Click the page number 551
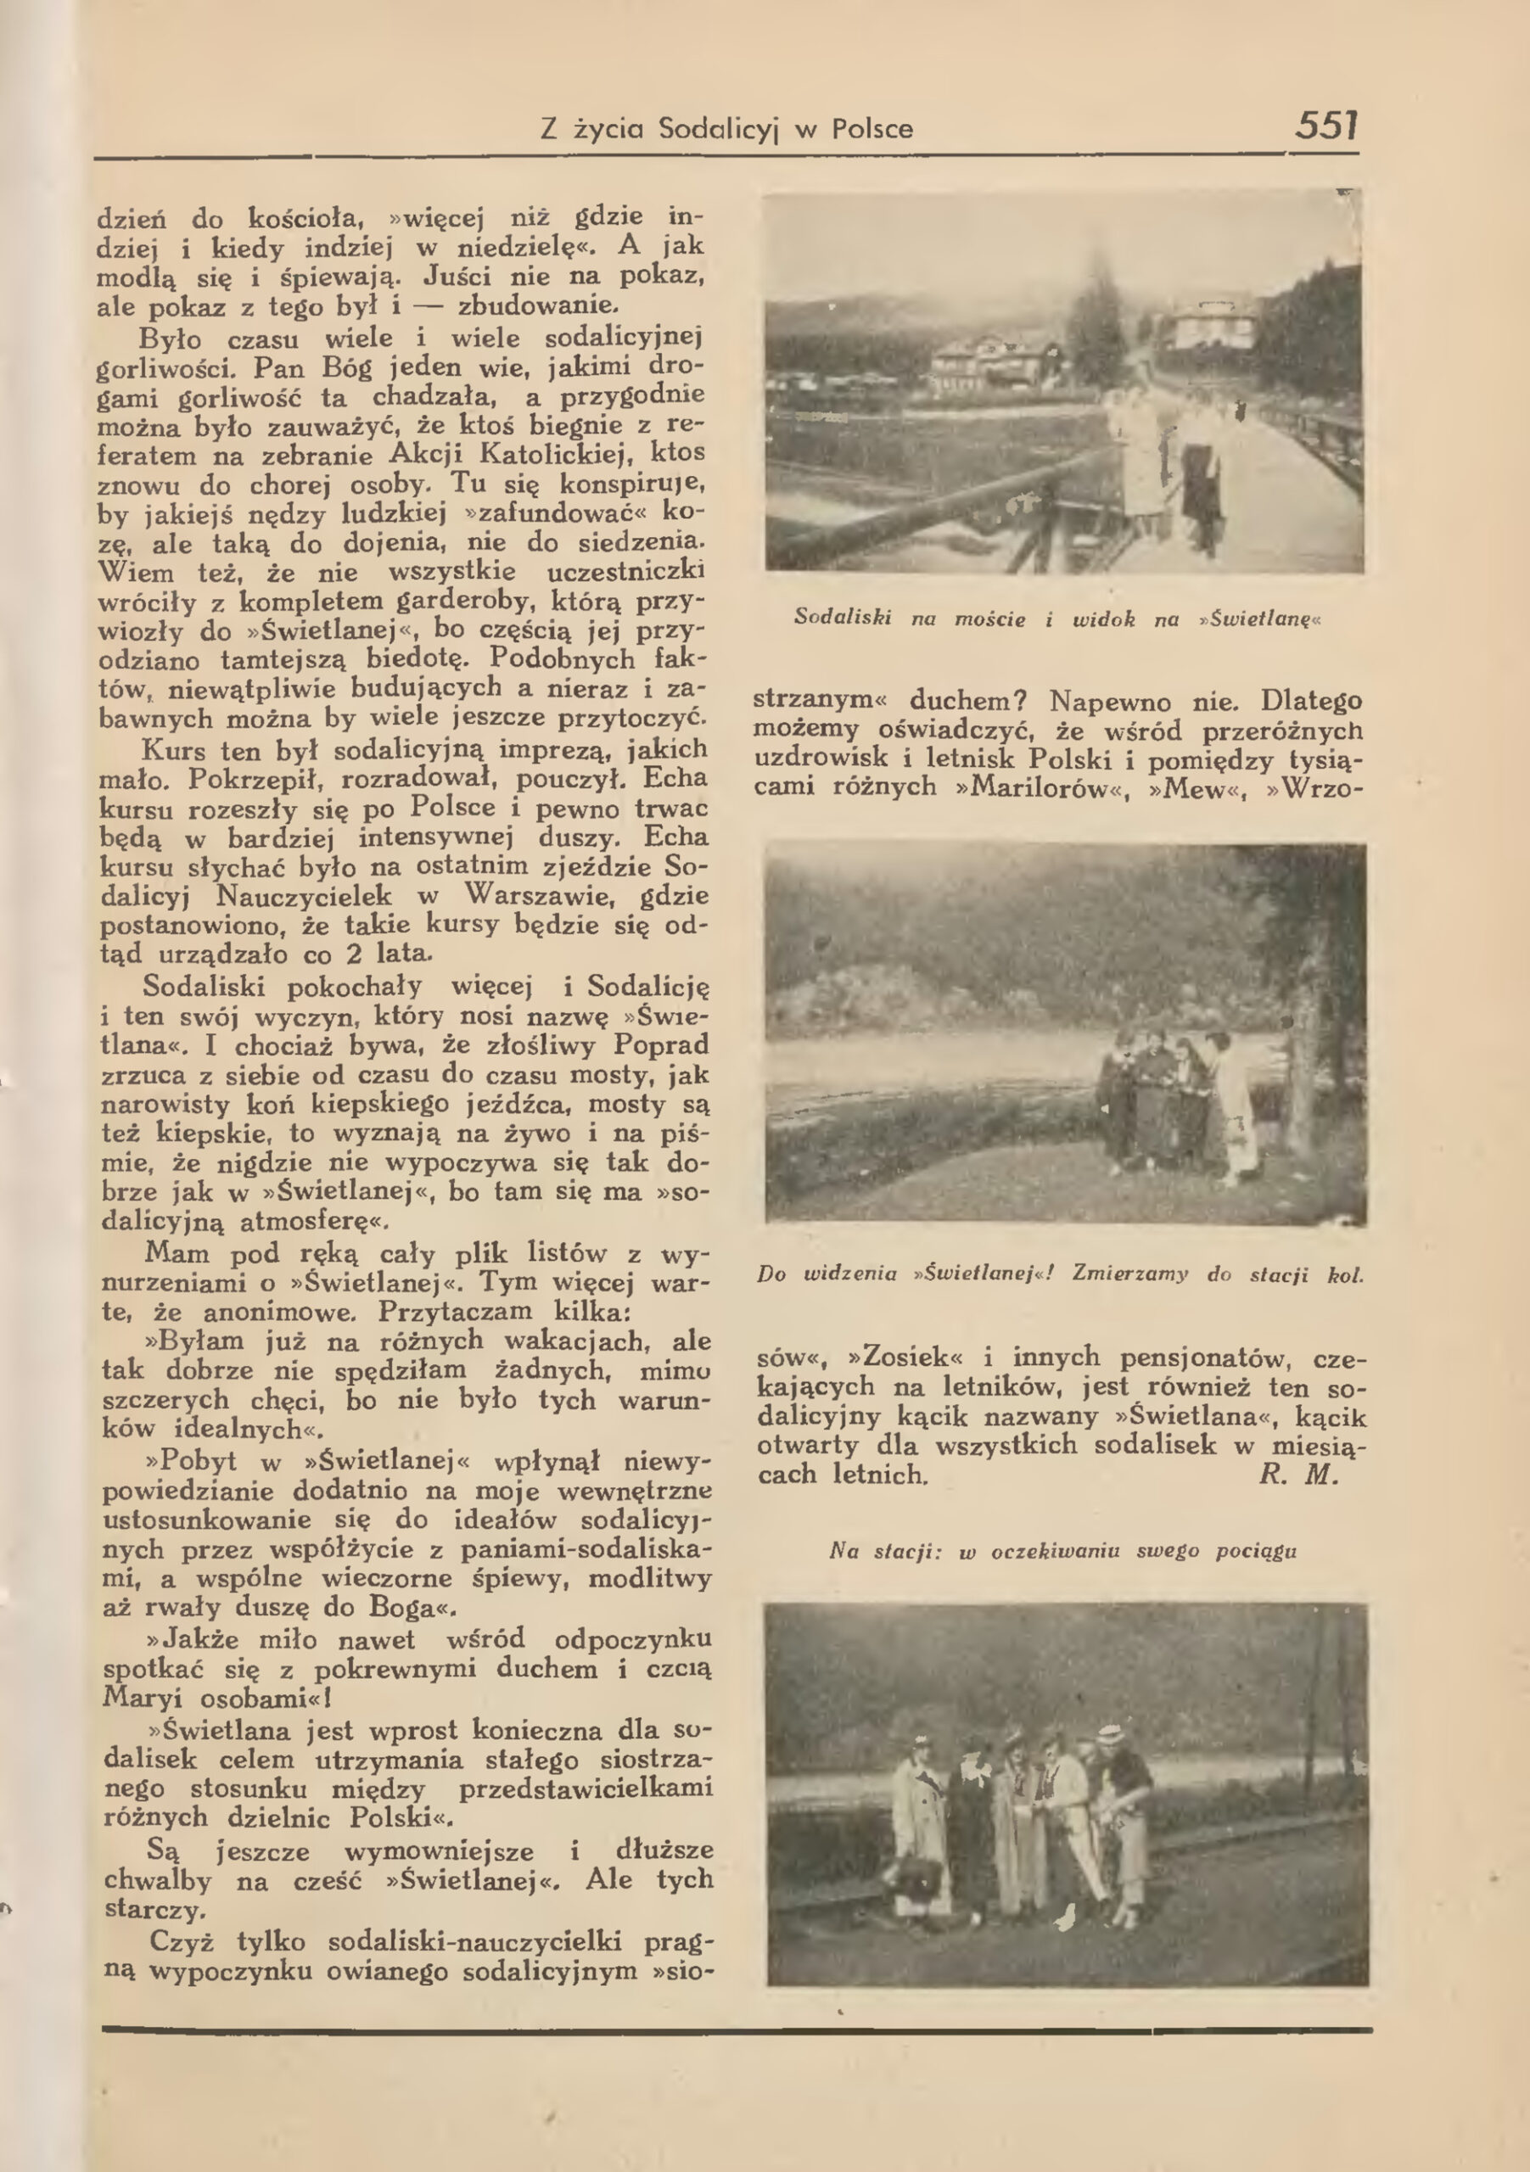[x=1326, y=125]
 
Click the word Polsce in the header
[x=872, y=129]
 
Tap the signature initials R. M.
[x=1298, y=1475]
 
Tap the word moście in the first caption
[x=989, y=619]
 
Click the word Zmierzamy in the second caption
[x=1129, y=1274]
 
